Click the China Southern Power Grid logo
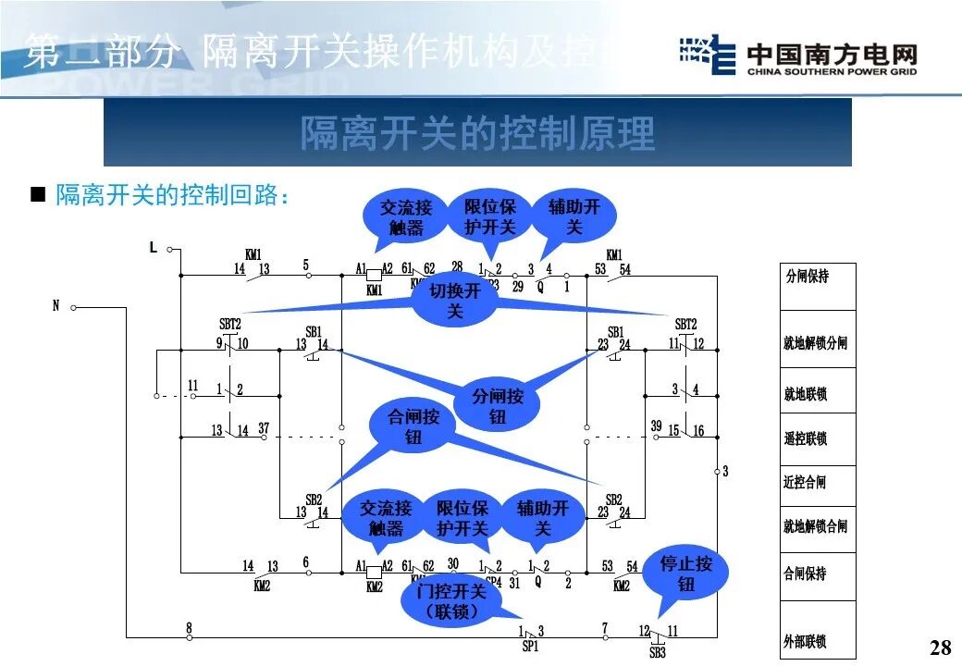pyautogui.click(x=798, y=58)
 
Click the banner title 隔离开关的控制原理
pyautogui.click(x=477, y=133)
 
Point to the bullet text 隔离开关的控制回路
pyautogui.click(x=174, y=195)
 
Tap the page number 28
pyautogui.click(x=940, y=647)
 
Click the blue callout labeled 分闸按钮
pyautogui.click(x=498, y=406)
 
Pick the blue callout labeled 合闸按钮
pyautogui.click(x=413, y=426)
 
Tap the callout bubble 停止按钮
pyautogui.click(x=686, y=573)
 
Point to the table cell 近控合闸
pyautogui.click(x=806, y=482)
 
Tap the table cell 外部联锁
pyautogui.click(x=806, y=641)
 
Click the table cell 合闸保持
pyautogui.click(x=806, y=573)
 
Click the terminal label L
pyautogui.click(x=154, y=248)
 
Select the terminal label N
pyautogui.click(x=55, y=306)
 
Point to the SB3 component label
pyautogui.click(x=657, y=652)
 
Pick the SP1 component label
pyautogui.click(x=530, y=647)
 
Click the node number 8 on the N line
pyautogui.click(x=189, y=628)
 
